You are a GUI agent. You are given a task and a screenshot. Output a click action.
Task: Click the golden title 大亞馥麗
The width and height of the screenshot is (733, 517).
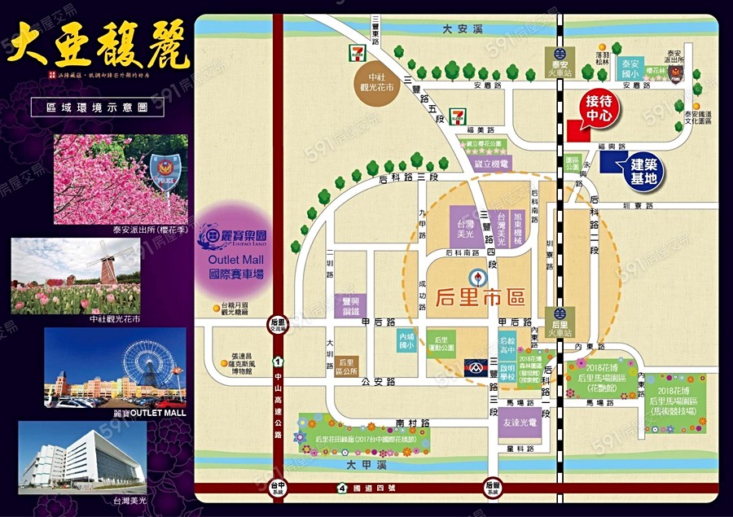coord(98,47)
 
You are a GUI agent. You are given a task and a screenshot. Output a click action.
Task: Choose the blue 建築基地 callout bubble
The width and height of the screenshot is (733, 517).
coord(643,171)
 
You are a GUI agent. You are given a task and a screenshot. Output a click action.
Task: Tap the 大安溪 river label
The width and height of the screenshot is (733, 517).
coord(457,28)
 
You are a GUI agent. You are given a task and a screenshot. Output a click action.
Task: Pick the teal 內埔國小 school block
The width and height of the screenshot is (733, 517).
coord(406,340)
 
